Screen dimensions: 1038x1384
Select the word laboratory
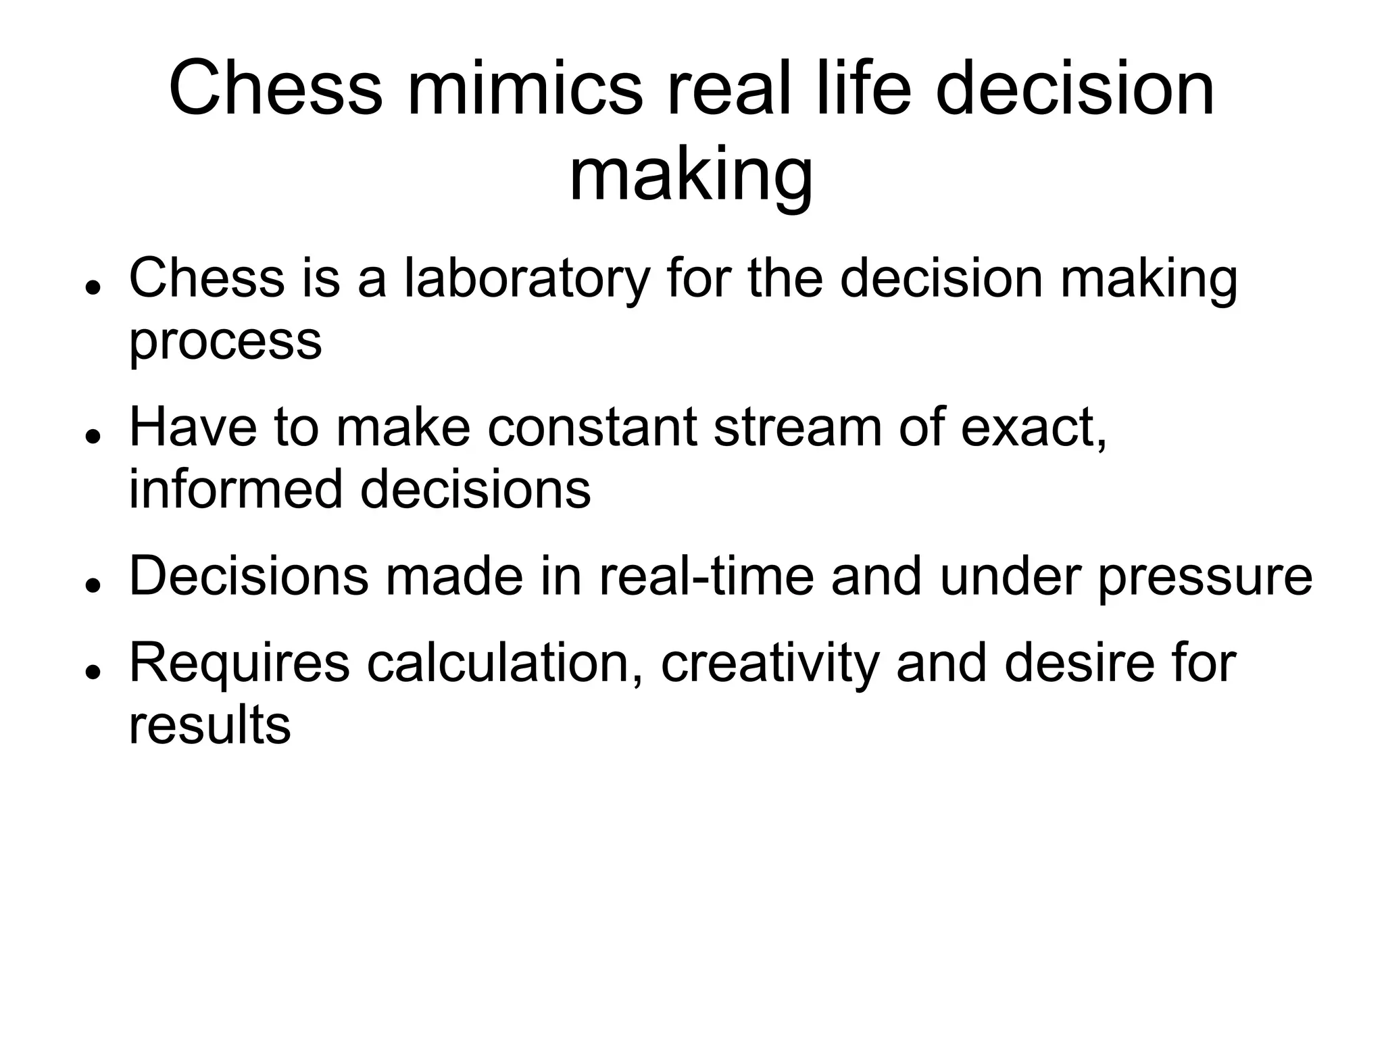(x=527, y=278)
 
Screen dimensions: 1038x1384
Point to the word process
(x=225, y=342)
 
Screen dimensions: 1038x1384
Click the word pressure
(x=1205, y=578)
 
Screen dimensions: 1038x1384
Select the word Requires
(x=239, y=665)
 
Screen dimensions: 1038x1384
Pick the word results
(x=209, y=726)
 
